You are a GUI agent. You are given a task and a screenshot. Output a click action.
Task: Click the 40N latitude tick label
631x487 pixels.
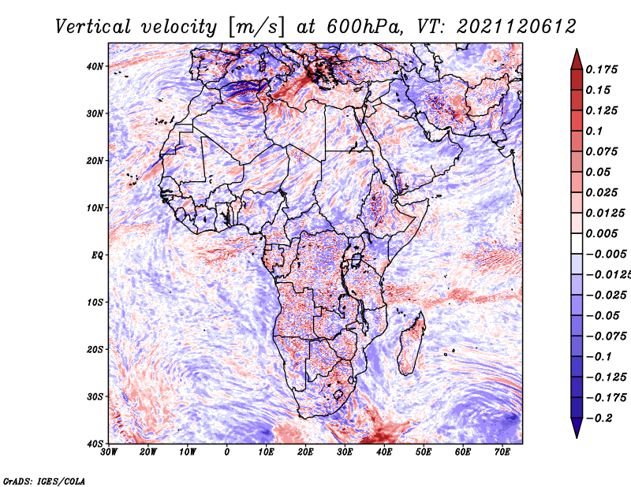(95, 66)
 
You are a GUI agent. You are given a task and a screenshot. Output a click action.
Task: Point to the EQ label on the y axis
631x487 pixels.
(97, 255)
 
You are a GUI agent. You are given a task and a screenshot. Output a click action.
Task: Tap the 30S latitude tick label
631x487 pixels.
(95, 397)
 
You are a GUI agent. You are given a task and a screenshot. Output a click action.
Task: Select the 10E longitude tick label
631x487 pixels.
(266, 452)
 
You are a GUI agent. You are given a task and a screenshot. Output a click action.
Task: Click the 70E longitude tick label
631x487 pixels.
(502, 452)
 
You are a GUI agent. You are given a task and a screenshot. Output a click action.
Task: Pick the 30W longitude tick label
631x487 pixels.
(109, 452)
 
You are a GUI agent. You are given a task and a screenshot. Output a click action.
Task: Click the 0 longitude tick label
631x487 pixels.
(227, 452)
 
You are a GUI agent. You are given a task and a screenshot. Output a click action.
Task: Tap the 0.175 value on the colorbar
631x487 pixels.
(601, 69)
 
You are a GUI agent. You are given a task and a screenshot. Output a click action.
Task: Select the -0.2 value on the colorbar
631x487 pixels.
(599, 418)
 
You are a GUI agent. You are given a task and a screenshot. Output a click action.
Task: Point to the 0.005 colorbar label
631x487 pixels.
(601, 233)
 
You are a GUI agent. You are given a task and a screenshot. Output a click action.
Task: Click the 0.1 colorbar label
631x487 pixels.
(594, 131)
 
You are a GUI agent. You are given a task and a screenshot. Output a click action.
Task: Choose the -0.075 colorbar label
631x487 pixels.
(607, 336)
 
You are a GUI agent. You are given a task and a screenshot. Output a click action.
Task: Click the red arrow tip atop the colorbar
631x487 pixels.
(577, 50)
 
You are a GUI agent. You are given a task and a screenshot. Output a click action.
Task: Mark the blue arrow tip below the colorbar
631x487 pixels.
(577, 437)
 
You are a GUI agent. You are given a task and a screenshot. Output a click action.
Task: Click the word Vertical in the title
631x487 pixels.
(93, 27)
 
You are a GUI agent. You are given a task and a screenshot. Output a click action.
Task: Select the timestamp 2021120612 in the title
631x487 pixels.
(517, 27)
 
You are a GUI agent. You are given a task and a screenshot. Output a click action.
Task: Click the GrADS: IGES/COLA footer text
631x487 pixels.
(44, 481)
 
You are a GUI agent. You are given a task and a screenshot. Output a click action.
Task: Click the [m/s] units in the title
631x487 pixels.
(256, 27)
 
